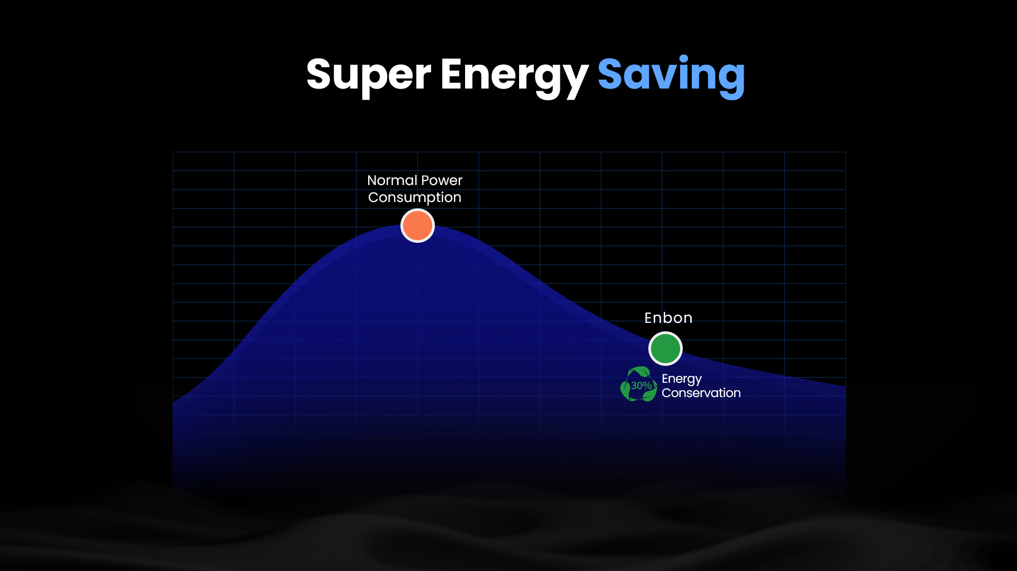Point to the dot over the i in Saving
point(684,59)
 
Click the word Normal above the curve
point(392,180)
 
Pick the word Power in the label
point(442,180)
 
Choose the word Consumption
point(415,198)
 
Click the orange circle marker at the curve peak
point(417,225)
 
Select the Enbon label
point(668,318)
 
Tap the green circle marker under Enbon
point(665,348)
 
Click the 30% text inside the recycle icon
point(641,385)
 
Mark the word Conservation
point(701,393)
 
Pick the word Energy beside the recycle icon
point(682,379)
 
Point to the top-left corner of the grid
point(173,152)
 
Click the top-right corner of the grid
point(845,152)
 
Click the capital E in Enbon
point(648,318)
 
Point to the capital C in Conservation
point(667,393)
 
